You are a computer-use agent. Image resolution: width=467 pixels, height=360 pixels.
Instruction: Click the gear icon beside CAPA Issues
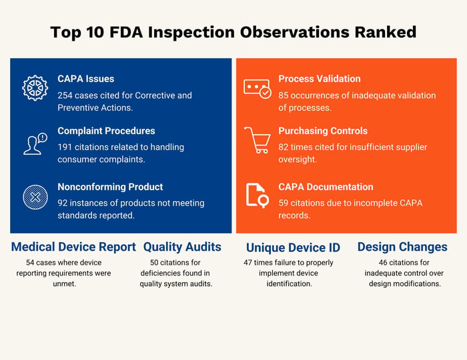35,88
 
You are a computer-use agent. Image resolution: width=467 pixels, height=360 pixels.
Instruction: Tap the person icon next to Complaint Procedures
35,144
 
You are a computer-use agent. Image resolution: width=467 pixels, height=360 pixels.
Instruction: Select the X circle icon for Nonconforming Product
35,197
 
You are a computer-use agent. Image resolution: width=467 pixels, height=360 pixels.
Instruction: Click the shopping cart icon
258,140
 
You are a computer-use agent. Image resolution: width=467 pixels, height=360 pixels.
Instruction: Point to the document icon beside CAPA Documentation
258,195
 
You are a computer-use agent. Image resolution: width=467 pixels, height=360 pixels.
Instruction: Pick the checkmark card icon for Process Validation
258,89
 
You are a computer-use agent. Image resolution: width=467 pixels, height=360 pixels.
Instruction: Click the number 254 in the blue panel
65,95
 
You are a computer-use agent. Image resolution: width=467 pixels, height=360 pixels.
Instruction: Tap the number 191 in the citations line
64,147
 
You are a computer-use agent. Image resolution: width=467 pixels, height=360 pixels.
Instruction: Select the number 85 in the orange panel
283,95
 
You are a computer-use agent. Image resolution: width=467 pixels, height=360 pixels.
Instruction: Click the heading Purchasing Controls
323,131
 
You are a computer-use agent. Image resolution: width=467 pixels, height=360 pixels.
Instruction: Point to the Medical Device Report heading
73,247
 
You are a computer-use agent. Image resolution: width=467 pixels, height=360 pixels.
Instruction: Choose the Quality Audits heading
182,247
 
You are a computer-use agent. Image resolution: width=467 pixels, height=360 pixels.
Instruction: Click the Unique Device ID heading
293,247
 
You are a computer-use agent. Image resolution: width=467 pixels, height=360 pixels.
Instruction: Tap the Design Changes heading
402,247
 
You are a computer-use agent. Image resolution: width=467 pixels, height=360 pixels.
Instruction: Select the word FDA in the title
126,32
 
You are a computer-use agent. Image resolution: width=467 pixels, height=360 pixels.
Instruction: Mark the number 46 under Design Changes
383,263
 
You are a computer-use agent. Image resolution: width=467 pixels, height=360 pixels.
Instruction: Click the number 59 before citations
283,203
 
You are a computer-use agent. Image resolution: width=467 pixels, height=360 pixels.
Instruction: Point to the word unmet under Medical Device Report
64,284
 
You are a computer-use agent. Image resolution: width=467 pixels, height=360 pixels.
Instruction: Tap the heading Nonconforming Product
110,187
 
